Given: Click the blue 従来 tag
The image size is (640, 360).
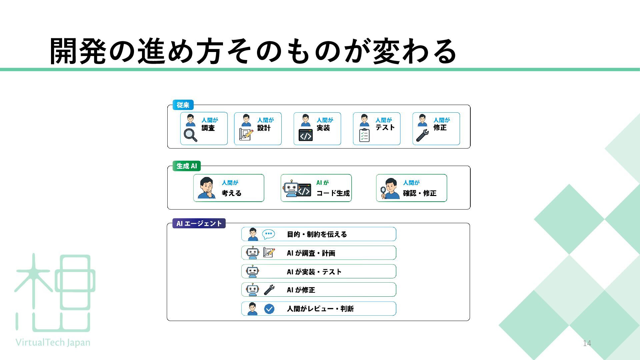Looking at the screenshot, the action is pyautogui.click(x=183, y=105).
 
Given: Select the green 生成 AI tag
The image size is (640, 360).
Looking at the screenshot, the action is pyautogui.click(x=187, y=166).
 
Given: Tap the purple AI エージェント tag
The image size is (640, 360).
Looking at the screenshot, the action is pyautogui.click(x=199, y=223).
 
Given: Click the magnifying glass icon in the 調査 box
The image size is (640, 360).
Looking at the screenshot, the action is pyautogui.click(x=191, y=135).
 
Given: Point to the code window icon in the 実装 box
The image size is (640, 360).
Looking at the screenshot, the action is pyautogui.click(x=306, y=135).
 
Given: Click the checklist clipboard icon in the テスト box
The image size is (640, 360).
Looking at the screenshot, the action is pyautogui.click(x=364, y=135).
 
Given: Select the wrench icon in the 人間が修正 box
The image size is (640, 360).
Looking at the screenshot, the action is pyautogui.click(x=422, y=135).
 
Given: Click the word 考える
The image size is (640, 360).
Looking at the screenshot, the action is pyautogui.click(x=232, y=193).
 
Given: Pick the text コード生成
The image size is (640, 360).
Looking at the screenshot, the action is pyautogui.click(x=333, y=193).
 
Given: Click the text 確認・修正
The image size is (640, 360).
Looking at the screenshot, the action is pyautogui.click(x=420, y=193).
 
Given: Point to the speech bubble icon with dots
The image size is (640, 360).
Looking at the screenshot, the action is pyautogui.click(x=269, y=234).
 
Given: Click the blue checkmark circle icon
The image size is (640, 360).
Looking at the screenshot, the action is pyautogui.click(x=269, y=309).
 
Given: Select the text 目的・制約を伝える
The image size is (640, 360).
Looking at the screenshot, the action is pyautogui.click(x=317, y=234).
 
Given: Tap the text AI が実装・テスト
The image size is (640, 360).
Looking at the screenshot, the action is pyautogui.click(x=314, y=272).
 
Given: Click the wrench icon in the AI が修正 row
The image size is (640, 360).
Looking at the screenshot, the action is pyautogui.click(x=269, y=290).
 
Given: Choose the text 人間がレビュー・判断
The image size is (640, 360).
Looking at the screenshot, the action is pyautogui.click(x=320, y=309).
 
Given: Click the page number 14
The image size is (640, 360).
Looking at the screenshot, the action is pyautogui.click(x=587, y=343).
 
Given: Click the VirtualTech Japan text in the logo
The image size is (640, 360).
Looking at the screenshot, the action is pyautogui.click(x=53, y=343).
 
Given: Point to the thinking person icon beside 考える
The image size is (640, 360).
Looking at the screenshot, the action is pyautogui.click(x=207, y=188).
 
